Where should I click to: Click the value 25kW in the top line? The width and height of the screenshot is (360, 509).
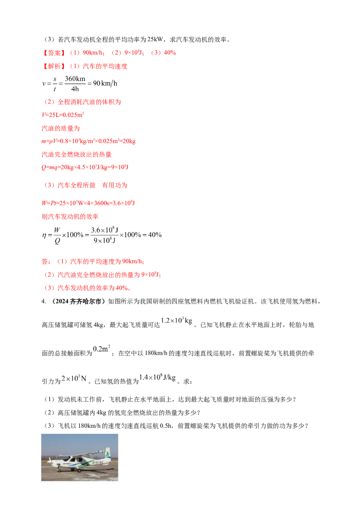(155, 40)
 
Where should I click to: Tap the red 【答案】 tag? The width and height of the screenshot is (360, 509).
(54, 53)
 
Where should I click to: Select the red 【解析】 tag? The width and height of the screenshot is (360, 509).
(54, 66)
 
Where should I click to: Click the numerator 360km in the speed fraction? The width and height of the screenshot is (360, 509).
(75, 79)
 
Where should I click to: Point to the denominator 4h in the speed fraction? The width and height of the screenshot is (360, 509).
(75, 89)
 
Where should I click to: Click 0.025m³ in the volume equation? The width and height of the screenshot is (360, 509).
(73, 115)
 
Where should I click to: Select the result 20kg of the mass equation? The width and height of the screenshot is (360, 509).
(129, 141)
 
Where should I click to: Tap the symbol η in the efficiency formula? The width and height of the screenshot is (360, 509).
(44, 235)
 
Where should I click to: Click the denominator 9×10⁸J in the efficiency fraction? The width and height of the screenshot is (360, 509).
(104, 241)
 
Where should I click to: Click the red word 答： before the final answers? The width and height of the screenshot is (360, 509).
(46, 262)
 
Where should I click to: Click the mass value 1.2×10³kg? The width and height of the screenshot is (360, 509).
(177, 321)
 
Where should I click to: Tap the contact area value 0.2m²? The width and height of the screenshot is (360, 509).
(102, 349)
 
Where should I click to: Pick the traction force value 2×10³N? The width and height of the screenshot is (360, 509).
(74, 379)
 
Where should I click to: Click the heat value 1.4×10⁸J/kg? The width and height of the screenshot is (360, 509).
(157, 377)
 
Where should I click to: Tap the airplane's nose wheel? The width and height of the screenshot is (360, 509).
(59, 469)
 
